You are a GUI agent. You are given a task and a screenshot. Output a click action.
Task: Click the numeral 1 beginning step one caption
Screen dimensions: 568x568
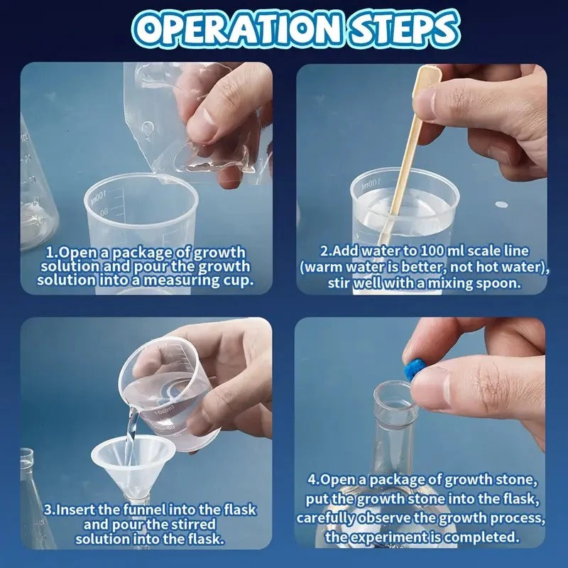[49, 252]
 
